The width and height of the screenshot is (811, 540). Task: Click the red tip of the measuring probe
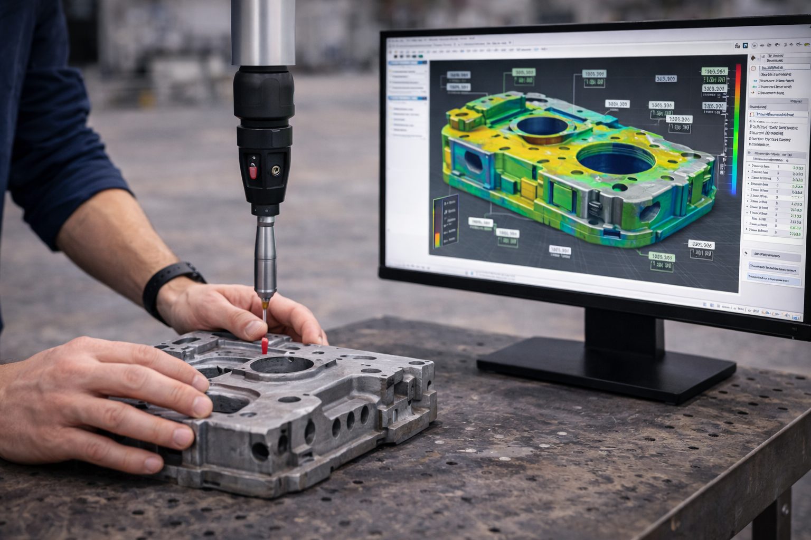pos(264,346)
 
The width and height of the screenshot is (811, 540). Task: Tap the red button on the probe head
pos(253,170)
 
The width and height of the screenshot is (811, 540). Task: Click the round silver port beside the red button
pos(275,170)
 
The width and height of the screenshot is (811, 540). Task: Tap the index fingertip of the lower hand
pos(182,437)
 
